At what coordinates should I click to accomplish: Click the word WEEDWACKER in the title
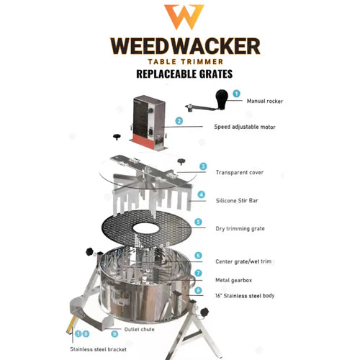pos(184,46)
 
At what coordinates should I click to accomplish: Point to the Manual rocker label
pos(265,102)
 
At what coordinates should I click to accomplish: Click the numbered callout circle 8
pos(197,291)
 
